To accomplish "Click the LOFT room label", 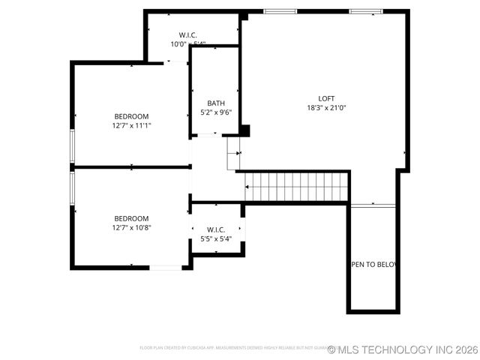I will tap(326, 98).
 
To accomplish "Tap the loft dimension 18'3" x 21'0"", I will tap(326, 108).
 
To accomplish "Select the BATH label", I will tap(216, 103).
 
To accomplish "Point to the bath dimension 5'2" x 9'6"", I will tap(216, 112).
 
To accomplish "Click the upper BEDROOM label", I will tap(131, 116).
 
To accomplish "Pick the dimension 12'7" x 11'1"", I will tap(131, 126).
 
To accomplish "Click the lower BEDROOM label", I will tap(131, 218).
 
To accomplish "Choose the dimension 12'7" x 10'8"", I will tap(131, 228).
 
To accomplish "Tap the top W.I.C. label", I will tap(188, 34).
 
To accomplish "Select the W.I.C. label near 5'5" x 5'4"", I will tap(216, 229).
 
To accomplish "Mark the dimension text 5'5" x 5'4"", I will tap(216, 239).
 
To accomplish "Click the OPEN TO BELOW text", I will tap(373, 265).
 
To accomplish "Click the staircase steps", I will tap(297, 187).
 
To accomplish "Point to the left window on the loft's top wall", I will tap(280, 11).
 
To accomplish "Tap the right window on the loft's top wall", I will tap(365, 11).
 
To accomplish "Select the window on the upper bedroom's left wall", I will tap(72, 145).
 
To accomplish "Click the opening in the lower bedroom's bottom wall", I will tap(165, 267).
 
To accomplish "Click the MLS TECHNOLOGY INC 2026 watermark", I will tap(403, 349).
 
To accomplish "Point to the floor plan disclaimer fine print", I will tap(232, 348).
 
